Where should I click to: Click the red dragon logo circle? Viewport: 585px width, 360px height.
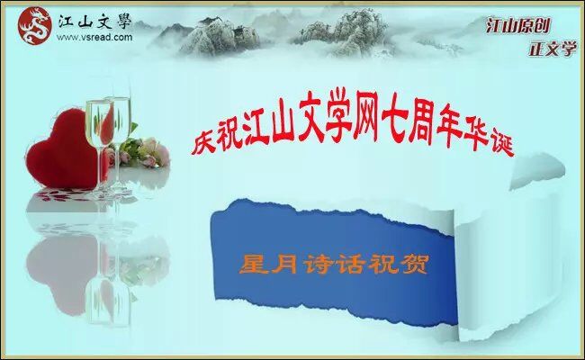(x=35, y=26)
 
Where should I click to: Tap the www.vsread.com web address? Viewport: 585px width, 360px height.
(x=94, y=37)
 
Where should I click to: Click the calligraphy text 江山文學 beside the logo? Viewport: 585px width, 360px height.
(x=94, y=22)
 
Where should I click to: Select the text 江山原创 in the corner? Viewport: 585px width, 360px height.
(x=518, y=25)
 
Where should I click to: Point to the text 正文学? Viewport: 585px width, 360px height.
(x=553, y=49)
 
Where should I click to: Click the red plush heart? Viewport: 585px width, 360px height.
(x=61, y=149)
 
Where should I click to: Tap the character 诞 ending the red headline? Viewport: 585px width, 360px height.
(x=502, y=144)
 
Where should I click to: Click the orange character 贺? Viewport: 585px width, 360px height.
(x=414, y=264)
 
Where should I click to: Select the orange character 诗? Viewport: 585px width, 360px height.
(x=319, y=264)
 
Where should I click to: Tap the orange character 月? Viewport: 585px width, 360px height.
(x=286, y=264)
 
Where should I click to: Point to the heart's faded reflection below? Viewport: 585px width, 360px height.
(x=61, y=268)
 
